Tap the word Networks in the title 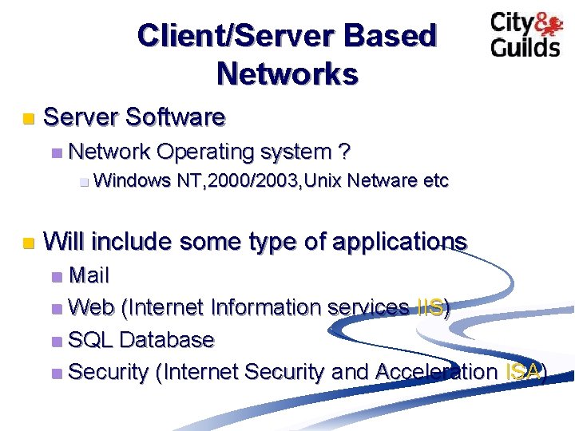coord(287,73)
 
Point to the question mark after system coord(344,151)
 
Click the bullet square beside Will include coord(28,242)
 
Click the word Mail coord(89,276)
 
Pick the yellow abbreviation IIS coord(430,307)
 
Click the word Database coord(166,339)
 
